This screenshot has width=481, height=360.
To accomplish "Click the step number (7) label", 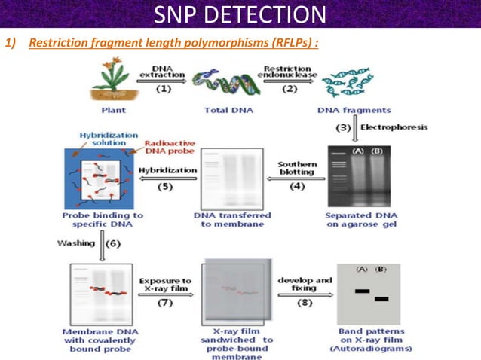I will (165, 303).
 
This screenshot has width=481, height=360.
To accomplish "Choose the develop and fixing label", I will (305, 285).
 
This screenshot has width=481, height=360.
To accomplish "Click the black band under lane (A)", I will (363, 291).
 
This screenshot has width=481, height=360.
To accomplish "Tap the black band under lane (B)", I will (381, 299).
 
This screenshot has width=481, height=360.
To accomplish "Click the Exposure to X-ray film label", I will (165, 285).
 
